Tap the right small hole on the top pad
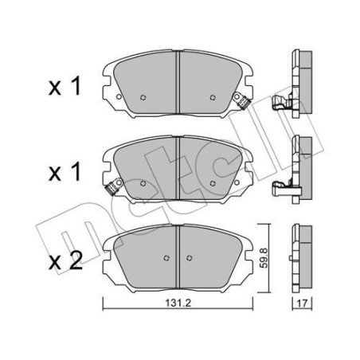click(213, 99)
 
